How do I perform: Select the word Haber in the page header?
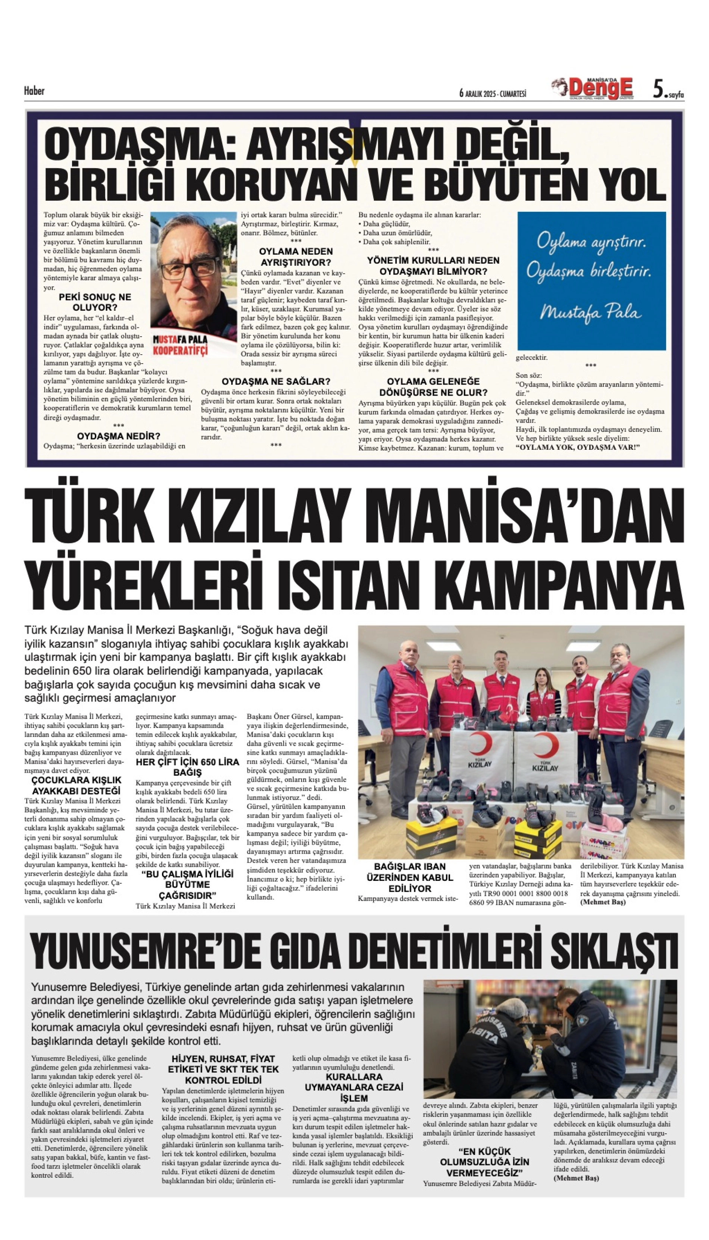(34, 91)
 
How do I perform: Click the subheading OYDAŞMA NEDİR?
(118, 436)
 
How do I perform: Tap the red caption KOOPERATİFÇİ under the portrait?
(180, 351)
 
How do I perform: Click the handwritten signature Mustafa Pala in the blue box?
(590, 311)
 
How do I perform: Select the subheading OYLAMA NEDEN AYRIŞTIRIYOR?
(296, 257)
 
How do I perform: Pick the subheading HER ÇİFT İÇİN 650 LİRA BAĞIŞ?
(187, 767)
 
